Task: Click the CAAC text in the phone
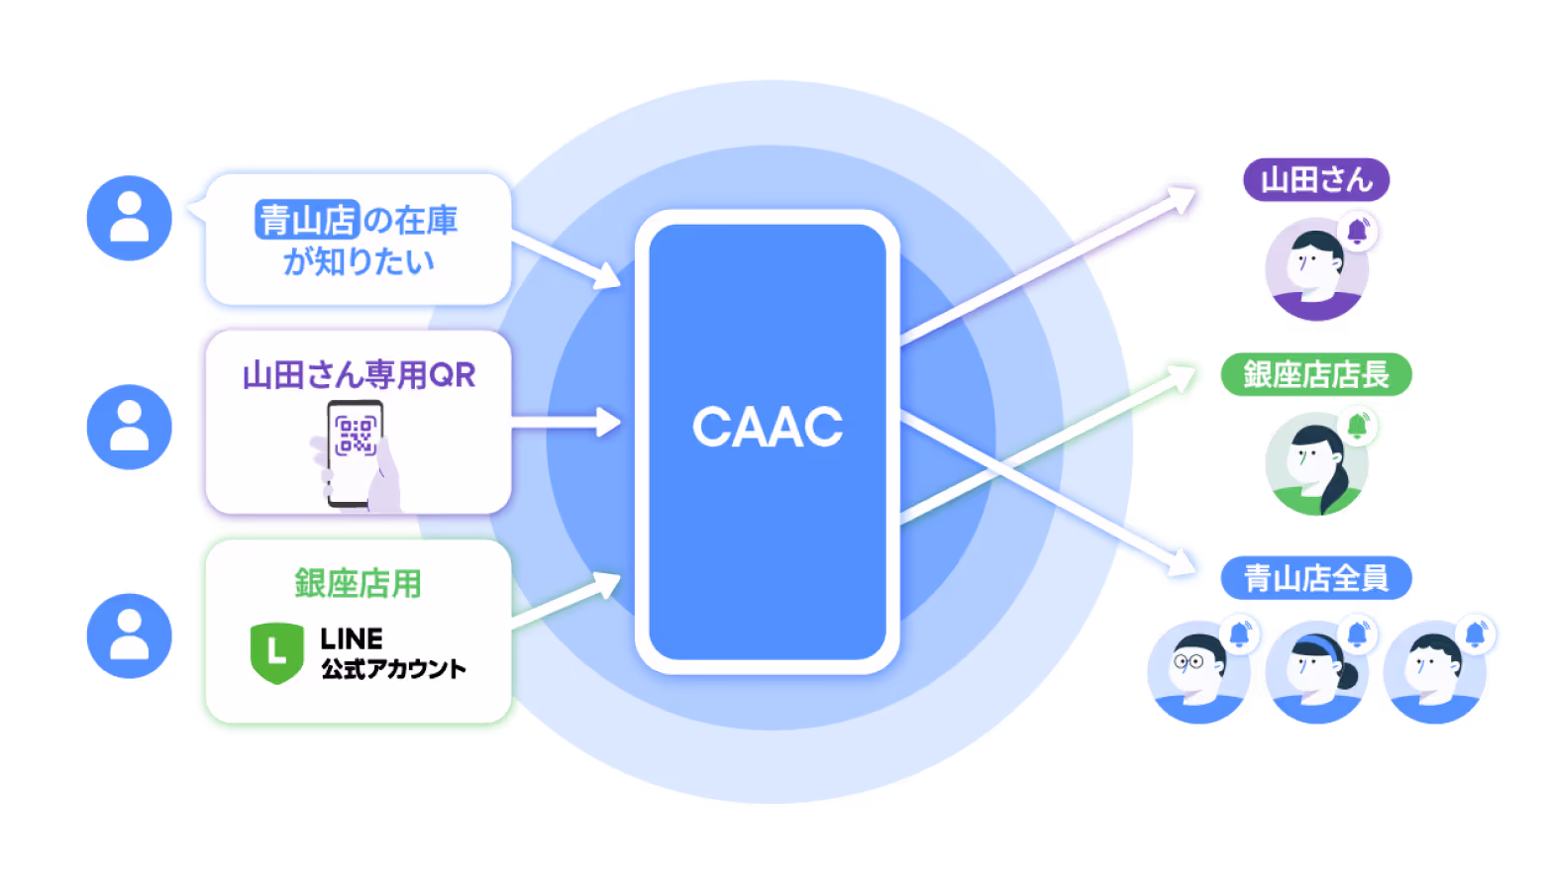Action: [x=768, y=428]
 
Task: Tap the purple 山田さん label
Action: [x=1316, y=180]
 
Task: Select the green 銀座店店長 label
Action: [x=1316, y=375]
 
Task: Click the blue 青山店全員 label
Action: [x=1316, y=578]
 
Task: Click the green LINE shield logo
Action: [x=276, y=653]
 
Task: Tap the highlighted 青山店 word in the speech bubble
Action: [x=306, y=220]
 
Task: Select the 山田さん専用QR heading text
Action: [x=359, y=375]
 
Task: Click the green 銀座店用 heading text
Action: [x=358, y=584]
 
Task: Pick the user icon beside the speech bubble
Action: [x=129, y=218]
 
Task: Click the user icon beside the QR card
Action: [x=129, y=427]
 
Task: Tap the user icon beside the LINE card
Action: [x=129, y=636]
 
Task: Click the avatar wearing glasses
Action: [x=1197, y=671]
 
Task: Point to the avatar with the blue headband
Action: [x=1316, y=671]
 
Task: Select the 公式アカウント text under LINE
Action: [x=393, y=669]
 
